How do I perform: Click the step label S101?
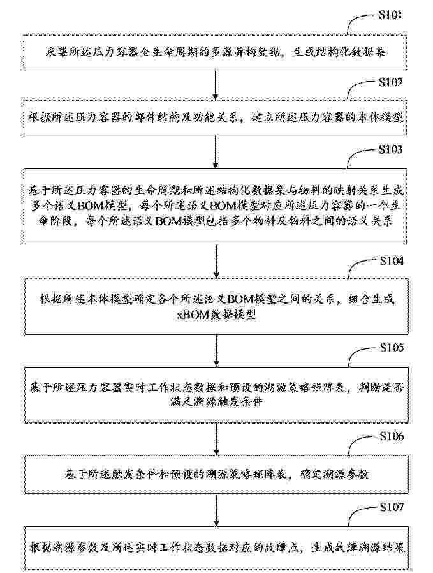click(x=390, y=15)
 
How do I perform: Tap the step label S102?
click(x=391, y=82)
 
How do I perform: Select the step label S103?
click(x=391, y=149)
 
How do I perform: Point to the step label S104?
click(x=392, y=261)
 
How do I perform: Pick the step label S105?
click(x=392, y=347)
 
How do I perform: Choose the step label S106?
click(x=392, y=436)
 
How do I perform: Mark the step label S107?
click(x=392, y=507)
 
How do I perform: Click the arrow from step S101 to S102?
click(x=216, y=85)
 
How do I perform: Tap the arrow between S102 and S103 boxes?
click(x=216, y=152)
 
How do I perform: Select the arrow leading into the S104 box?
click(x=216, y=261)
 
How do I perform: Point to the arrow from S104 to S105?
click(x=217, y=351)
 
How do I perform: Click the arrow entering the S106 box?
click(x=217, y=439)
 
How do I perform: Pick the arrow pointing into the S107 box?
click(x=217, y=509)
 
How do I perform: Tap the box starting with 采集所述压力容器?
click(x=216, y=52)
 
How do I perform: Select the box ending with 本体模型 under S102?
click(x=216, y=117)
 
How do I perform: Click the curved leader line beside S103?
click(x=362, y=156)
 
